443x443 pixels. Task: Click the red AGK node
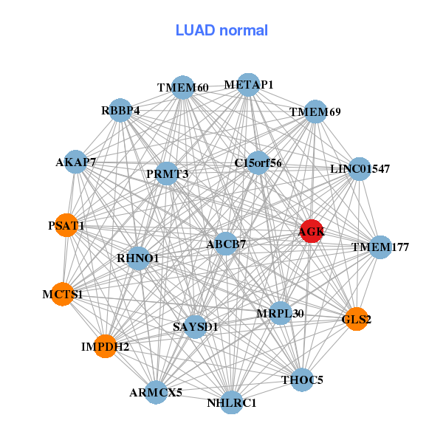coord(311,231)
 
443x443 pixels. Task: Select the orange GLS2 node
coord(356,319)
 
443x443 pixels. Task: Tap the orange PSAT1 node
coord(66,225)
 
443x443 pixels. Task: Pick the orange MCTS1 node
coord(63,294)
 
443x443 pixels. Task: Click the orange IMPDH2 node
coord(106,346)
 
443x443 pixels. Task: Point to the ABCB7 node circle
coord(226,243)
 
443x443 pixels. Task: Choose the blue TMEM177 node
coord(380,247)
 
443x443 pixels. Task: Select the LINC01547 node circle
coord(360,169)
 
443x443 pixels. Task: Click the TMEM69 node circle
coord(315,112)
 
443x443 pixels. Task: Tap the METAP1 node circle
coord(249,85)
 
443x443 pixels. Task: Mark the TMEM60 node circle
coord(182,88)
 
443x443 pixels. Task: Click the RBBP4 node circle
coord(120,111)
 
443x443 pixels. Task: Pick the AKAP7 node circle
coord(75,162)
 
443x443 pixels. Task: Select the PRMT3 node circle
coord(167,174)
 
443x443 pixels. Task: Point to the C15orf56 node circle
coord(258,162)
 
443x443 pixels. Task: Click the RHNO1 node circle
coord(138,258)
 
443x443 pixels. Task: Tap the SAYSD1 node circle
coord(195,326)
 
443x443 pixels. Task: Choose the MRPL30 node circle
coord(280,313)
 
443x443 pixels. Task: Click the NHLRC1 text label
coord(232,403)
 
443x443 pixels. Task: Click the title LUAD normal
coord(221,30)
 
